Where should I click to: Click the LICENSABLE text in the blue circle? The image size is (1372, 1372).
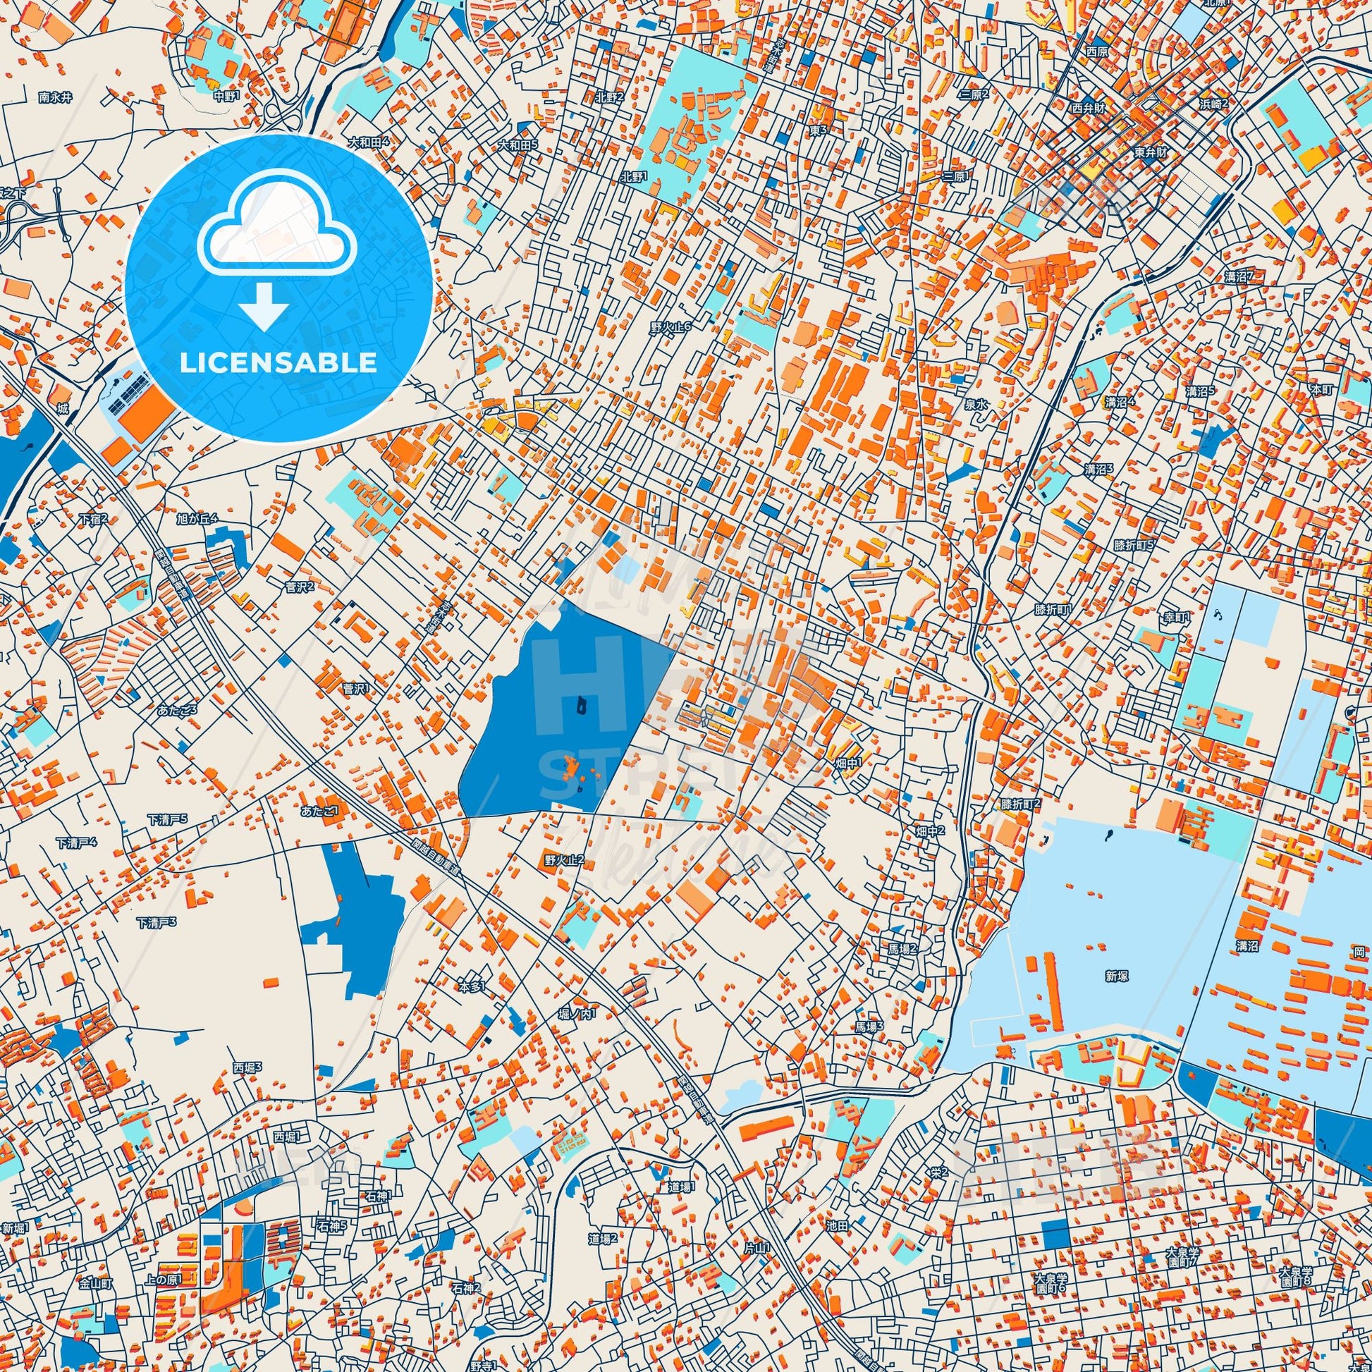click(278, 363)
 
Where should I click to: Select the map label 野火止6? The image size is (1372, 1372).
click(670, 326)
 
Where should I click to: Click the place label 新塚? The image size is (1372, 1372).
click(1116, 976)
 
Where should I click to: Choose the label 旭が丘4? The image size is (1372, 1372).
click(196, 520)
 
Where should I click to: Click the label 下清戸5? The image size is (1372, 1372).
click(167, 819)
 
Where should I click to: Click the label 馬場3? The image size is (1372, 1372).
click(869, 1026)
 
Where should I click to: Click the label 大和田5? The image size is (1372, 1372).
click(517, 145)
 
